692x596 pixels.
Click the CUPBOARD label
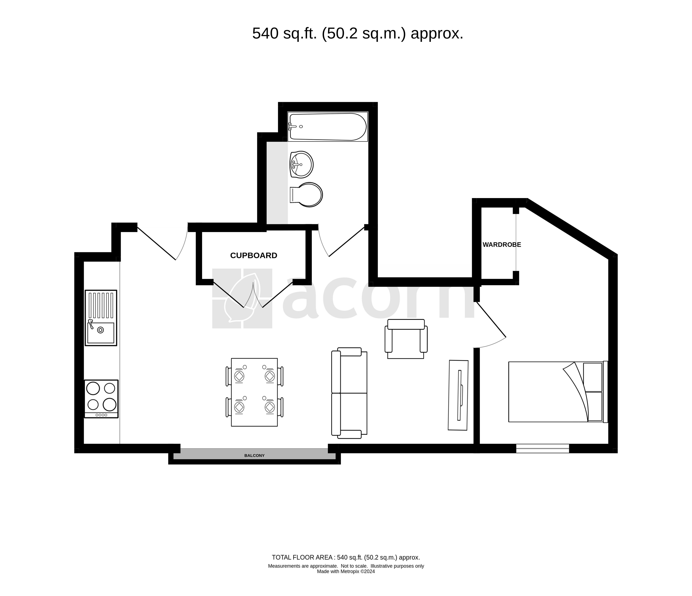(x=254, y=255)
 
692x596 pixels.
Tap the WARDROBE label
(x=502, y=245)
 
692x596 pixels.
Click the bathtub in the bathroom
(x=328, y=126)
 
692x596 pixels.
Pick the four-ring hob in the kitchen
(x=101, y=399)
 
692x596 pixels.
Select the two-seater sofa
(x=349, y=393)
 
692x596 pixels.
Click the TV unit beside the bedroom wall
(x=458, y=395)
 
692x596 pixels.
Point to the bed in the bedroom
(x=558, y=392)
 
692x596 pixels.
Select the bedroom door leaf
(x=491, y=320)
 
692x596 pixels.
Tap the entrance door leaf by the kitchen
(x=156, y=243)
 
